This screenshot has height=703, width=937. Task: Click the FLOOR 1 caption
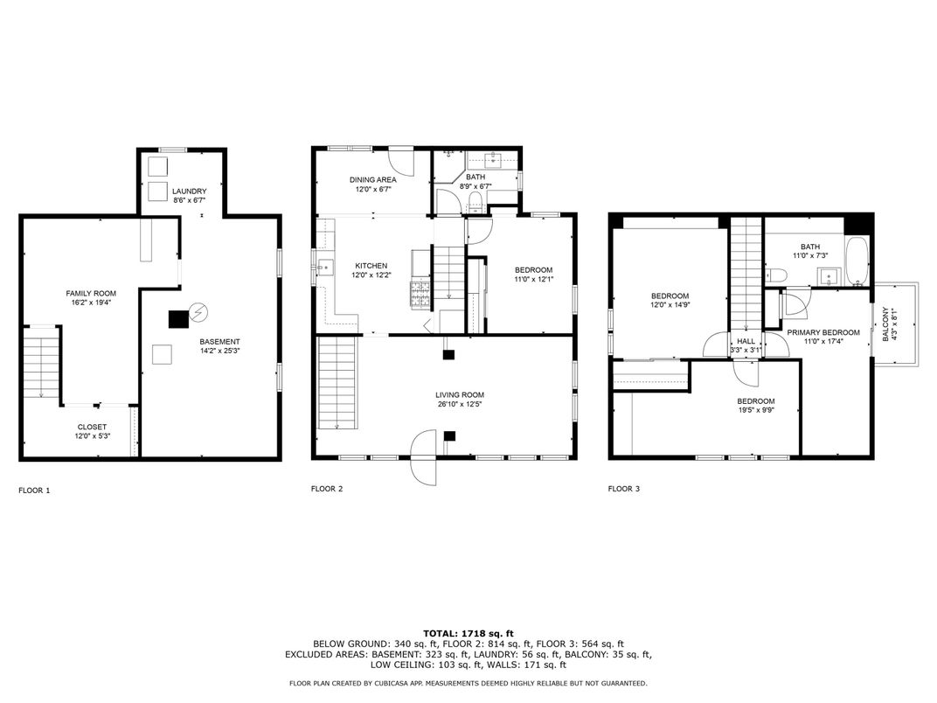(34, 491)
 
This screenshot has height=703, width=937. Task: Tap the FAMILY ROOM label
(91, 294)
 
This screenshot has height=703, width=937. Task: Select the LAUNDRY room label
(190, 191)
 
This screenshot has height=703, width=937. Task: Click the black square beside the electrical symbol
(178, 319)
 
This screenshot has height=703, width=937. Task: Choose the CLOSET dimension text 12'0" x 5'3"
(92, 436)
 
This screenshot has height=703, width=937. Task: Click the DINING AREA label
(373, 179)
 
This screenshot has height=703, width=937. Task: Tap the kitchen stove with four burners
(420, 294)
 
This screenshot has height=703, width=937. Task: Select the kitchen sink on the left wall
(325, 267)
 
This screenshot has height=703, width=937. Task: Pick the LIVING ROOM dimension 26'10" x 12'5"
(460, 404)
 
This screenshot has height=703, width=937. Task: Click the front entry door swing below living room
(424, 457)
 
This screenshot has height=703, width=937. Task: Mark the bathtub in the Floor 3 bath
(857, 261)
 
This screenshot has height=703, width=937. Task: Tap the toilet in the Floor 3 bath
(775, 275)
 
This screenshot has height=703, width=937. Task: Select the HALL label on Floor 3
(746, 341)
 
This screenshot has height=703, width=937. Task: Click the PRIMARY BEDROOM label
(823, 332)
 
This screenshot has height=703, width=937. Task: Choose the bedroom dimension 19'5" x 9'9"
(756, 410)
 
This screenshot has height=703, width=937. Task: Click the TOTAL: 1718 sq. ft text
(468, 634)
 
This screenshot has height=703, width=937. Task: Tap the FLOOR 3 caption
(624, 489)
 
